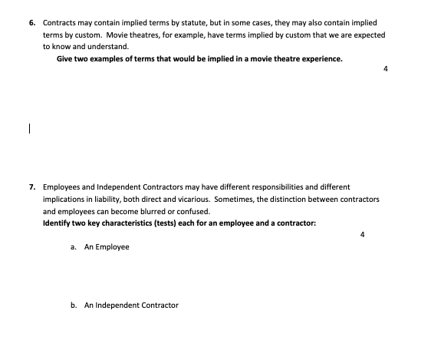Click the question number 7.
tap(32, 187)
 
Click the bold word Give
tap(65, 58)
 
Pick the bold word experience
tap(321, 58)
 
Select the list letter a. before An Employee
tap(72, 247)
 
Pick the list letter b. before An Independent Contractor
tap(72, 305)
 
